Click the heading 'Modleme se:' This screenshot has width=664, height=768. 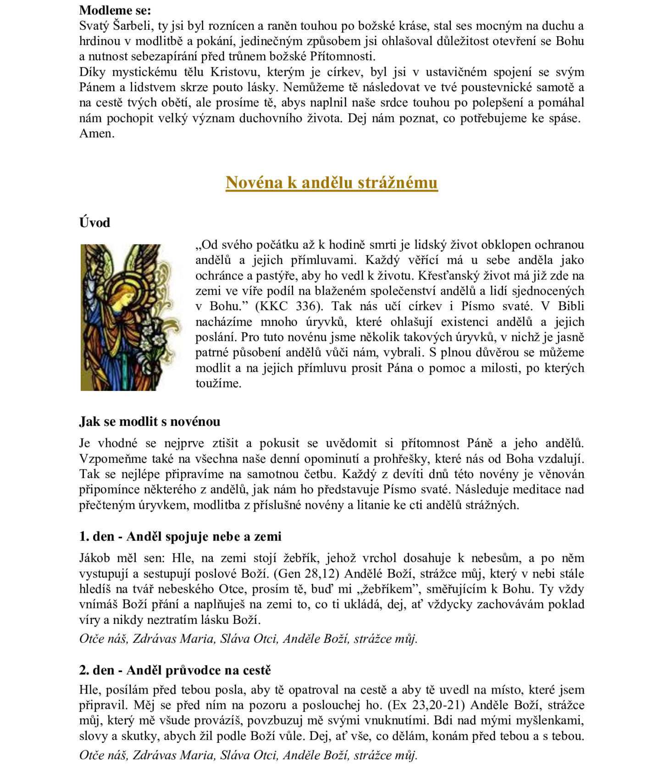[x=115, y=10]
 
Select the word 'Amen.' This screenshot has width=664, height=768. [x=97, y=134]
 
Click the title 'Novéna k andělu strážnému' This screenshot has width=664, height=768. [x=332, y=183]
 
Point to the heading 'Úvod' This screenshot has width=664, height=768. [x=95, y=223]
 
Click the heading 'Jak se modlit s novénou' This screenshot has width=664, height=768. [x=149, y=421]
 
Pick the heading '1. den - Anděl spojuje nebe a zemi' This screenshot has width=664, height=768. [x=180, y=536]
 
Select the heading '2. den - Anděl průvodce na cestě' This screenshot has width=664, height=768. [x=175, y=670]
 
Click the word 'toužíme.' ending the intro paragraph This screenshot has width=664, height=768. [x=218, y=383]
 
